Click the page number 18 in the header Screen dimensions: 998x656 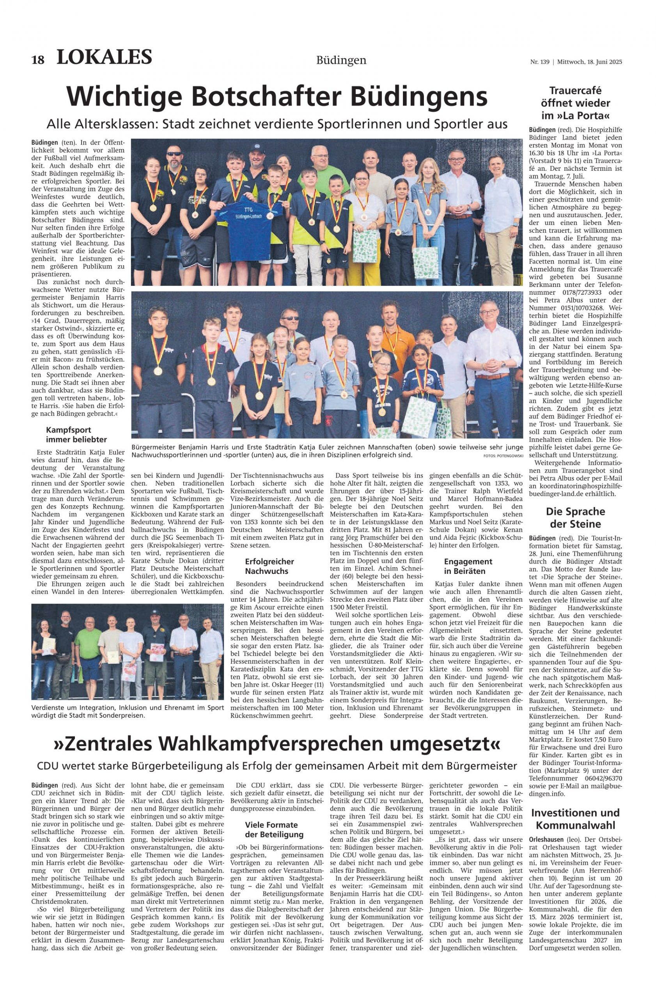click(x=38, y=60)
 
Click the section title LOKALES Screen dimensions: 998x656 click(x=104, y=57)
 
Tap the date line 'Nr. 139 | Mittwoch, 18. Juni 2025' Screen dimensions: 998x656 click(x=576, y=62)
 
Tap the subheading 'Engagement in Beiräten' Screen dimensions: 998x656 click(x=468, y=566)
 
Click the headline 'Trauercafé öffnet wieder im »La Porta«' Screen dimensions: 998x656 click(x=576, y=103)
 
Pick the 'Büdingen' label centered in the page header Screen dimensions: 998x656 click(x=341, y=61)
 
